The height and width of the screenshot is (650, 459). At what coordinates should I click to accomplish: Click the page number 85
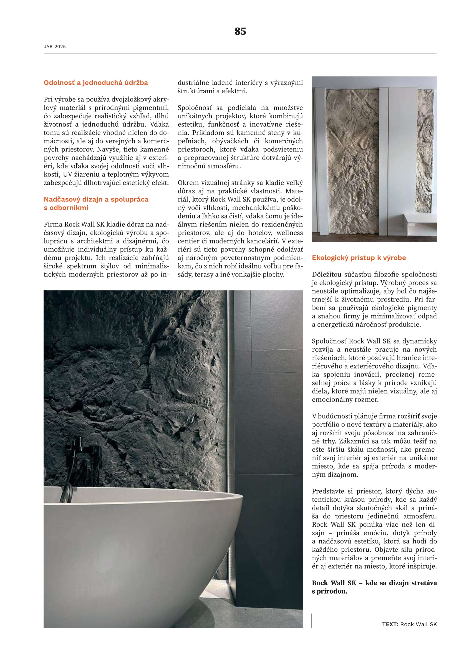(x=240, y=31)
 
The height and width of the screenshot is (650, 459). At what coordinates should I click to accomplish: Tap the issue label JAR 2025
(x=55, y=47)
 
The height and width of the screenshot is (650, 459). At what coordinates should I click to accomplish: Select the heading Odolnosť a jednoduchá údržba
(x=95, y=83)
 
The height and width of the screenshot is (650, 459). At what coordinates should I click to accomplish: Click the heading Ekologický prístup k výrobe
(x=359, y=258)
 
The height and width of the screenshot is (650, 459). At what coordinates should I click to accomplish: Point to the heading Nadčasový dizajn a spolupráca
(x=96, y=199)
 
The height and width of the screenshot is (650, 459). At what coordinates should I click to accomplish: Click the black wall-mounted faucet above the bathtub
(x=82, y=450)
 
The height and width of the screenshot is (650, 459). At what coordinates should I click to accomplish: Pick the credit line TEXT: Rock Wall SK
(x=409, y=624)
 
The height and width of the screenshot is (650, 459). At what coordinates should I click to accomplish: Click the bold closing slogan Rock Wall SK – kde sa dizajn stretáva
(x=374, y=583)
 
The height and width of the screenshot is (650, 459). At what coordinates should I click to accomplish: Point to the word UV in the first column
(x=67, y=175)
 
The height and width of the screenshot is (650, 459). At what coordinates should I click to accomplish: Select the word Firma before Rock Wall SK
(x=53, y=225)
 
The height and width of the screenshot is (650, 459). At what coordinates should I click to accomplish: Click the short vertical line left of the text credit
(x=312, y=621)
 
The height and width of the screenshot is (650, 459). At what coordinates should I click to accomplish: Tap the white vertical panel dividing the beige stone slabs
(x=384, y=161)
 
